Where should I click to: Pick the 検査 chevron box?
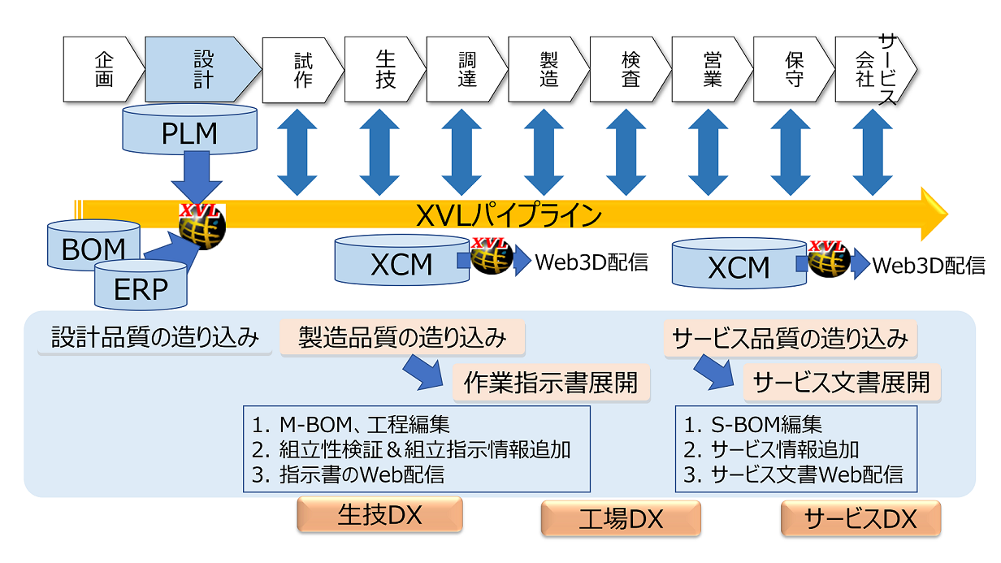click(630, 69)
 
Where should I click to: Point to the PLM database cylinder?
click(188, 132)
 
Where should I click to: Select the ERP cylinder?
click(141, 288)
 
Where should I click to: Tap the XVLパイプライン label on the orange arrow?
click(509, 216)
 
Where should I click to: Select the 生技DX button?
click(379, 514)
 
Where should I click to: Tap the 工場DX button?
click(621, 518)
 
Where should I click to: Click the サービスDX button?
click(860, 518)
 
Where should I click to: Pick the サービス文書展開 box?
click(841, 382)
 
